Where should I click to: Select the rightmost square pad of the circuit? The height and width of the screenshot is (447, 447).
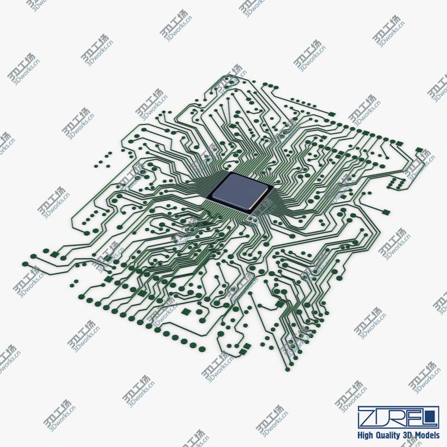[x=419, y=149]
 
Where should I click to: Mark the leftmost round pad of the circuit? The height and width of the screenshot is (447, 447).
[x=25, y=263]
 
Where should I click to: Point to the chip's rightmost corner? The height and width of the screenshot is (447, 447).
[x=273, y=186]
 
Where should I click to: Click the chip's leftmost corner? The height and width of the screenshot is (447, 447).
[x=207, y=196]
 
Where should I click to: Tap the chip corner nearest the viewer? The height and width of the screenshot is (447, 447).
[x=249, y=211]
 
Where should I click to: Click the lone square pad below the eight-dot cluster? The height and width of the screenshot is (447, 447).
[x=384, y=211]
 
